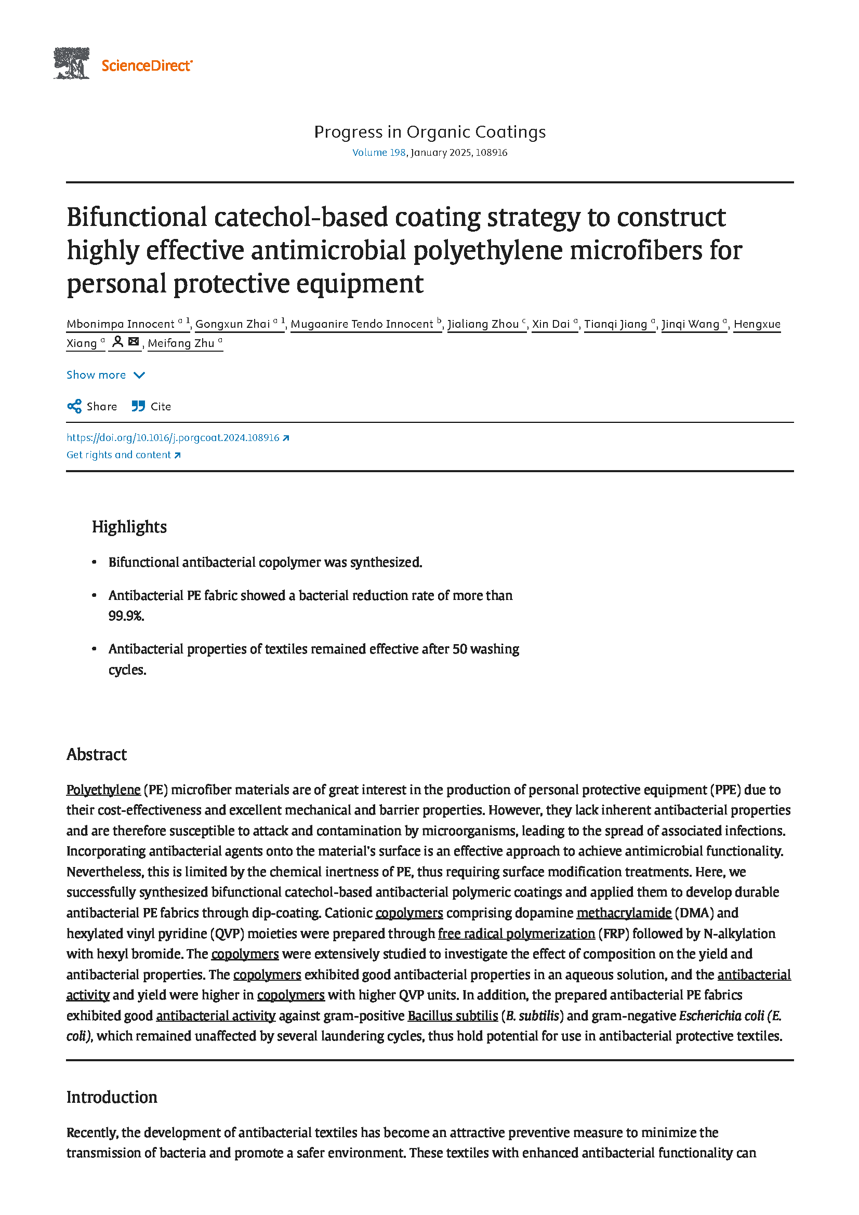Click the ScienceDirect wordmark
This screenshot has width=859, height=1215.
[147, 65]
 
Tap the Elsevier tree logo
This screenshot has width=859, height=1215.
[71, 63]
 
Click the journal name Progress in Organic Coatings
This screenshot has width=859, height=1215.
[429, 132]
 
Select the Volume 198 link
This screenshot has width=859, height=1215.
[378, 152]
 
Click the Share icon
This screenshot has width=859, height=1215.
[74, 406]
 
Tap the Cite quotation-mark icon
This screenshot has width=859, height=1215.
[138, 406]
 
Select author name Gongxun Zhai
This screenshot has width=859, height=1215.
[232, 324]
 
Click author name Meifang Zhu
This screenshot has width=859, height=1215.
[181, 343]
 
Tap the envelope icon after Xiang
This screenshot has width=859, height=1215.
[134, 342]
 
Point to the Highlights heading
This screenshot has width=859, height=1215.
[129, 527]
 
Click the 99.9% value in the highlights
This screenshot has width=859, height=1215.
[126, 616]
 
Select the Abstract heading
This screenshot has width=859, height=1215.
[96, 754]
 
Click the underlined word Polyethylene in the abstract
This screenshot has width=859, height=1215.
[103, 790]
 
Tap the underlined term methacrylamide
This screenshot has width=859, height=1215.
[624, 913]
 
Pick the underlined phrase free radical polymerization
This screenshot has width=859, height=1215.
[516, 933]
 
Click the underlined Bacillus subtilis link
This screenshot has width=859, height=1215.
[453, 1016]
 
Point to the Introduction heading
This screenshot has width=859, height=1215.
[112, 1097]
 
